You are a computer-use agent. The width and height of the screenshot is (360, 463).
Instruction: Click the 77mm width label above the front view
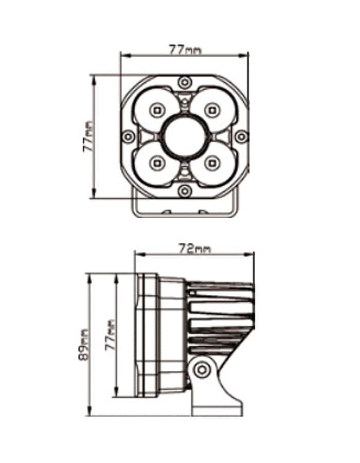(x=185, y=49)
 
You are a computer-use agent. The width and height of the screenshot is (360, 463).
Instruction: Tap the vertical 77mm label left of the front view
(x=89, y=137)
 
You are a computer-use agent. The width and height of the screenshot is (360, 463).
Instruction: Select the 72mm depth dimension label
(x=195, y=248)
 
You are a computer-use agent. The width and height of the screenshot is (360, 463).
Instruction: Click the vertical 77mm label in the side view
(x=111, y=334)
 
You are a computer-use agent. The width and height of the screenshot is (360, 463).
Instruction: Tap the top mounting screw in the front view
(x=185, y=82)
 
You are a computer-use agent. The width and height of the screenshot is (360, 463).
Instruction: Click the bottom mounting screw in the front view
(x=185, y=191)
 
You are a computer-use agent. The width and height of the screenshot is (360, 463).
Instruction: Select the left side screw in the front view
(x=129, y=136)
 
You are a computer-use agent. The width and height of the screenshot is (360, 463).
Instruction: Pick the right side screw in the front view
(x=242, y=136)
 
